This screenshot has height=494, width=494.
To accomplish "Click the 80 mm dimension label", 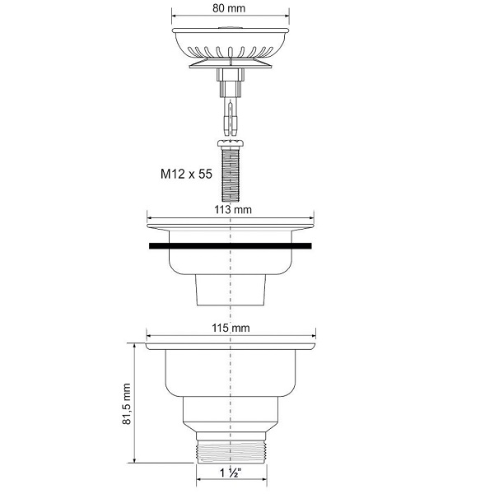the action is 229,8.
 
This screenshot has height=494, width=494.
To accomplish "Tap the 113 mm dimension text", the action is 233,209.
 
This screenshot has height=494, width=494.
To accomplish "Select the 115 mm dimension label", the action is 231,328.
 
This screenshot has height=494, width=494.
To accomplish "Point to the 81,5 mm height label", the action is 127,404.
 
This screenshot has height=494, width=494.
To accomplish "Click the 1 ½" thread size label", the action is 231,473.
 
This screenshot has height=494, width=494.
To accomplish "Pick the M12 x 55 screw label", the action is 186,174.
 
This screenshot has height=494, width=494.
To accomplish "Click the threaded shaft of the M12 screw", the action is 231,174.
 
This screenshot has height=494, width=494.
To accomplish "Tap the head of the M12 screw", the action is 231,143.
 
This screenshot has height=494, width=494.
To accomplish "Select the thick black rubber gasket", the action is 231,246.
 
